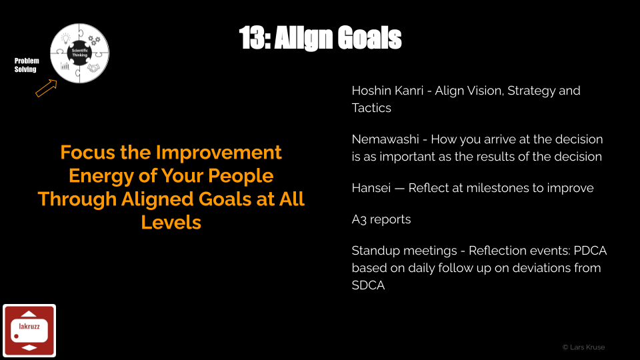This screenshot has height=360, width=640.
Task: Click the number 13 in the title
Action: pos(253,38)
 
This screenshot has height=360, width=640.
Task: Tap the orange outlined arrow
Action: pos(46,88)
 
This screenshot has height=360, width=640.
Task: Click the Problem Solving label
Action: pos(27,65)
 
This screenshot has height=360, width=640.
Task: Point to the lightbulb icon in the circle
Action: pos(66,39)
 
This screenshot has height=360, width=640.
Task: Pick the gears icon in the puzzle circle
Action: pos(94,40)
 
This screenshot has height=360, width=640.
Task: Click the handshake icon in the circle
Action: pos(93,68)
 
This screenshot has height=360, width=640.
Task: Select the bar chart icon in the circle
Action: pos(65,66)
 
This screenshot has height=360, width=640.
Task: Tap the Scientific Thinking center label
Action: pos(79,53)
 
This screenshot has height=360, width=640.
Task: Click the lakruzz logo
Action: pos(29,331)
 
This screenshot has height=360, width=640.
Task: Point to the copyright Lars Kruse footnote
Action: pos(584,347)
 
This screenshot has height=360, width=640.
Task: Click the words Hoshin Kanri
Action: pos(387,91)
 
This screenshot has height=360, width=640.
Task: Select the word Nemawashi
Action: pos(385,139)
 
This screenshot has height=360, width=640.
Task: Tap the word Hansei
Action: pos(371,188)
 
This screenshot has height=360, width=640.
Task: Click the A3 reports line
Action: pos(381,219)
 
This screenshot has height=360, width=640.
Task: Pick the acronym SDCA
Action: pos(368,285)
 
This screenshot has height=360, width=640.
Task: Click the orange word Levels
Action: pos(171,223)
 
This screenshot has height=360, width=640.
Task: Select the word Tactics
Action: pos(371,108)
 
